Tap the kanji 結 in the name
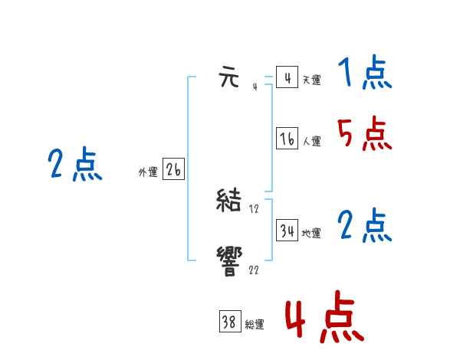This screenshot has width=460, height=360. pos(230,201)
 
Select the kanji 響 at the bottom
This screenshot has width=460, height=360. pos(230,259)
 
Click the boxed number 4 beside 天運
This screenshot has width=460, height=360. pos(287,77)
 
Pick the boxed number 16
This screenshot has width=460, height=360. pos(287,139)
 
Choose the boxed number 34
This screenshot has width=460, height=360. pos(287,231)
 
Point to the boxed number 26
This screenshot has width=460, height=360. pos(173,170)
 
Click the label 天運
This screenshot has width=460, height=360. pos(311,80)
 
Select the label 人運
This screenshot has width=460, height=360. pos(311,141)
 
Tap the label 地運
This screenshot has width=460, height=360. pos(311,233)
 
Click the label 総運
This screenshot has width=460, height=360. pos(255,325)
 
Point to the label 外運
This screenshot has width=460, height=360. pos(148,172)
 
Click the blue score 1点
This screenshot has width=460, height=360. pos(364,74)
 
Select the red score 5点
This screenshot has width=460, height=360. pos(364,135)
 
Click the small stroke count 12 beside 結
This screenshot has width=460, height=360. pos(255,209)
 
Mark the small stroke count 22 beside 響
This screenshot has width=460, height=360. pos(254,269)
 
